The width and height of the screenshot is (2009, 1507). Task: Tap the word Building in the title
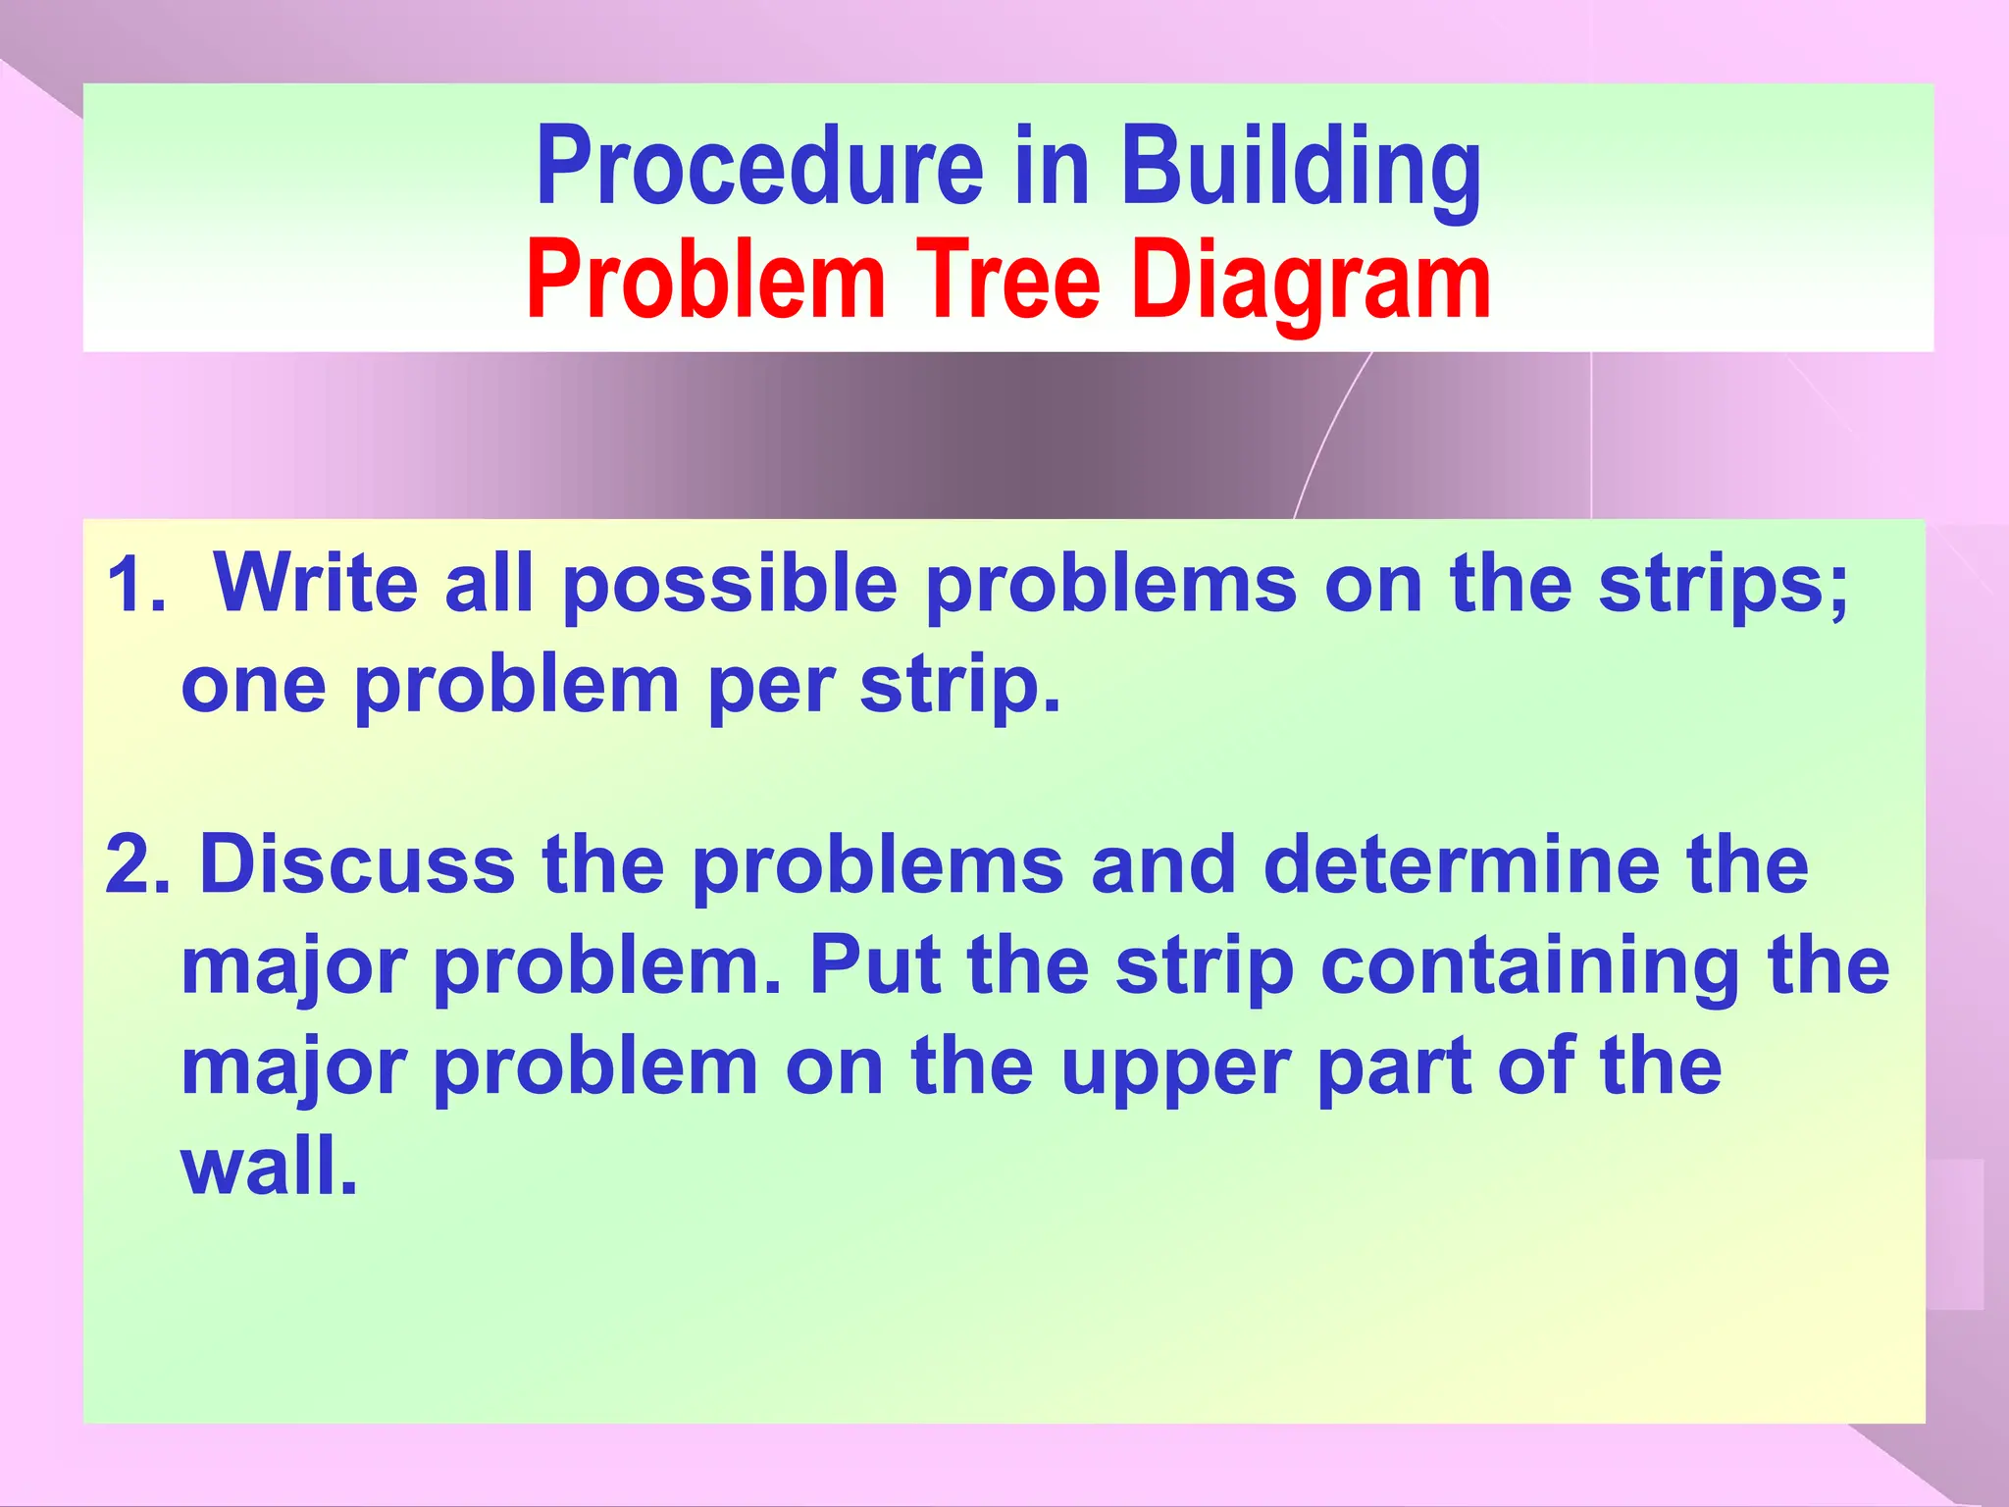(x=1301, y=166)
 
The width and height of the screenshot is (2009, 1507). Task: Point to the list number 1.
(x=135, y=585)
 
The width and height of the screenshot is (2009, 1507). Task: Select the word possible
(x=730, y=585)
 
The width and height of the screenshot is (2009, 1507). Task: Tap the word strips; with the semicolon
(x=1723, y=585)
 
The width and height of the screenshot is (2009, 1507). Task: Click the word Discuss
(x=358, y=865)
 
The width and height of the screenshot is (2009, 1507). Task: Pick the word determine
(x=1462, y=865)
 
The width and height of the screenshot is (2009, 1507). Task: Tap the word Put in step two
(x=876, y=966)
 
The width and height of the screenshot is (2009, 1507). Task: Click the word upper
(x=1175, y=1069)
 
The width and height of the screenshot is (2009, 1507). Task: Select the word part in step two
(x=1394, y=1067)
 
